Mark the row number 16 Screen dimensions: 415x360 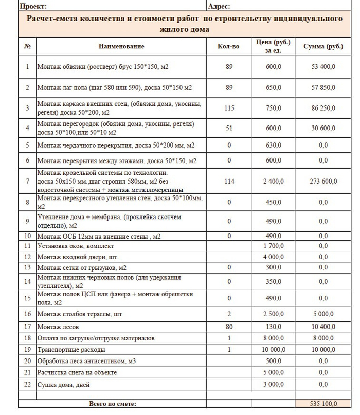coord(27,313)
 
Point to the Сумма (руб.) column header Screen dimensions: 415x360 coord(323,47)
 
